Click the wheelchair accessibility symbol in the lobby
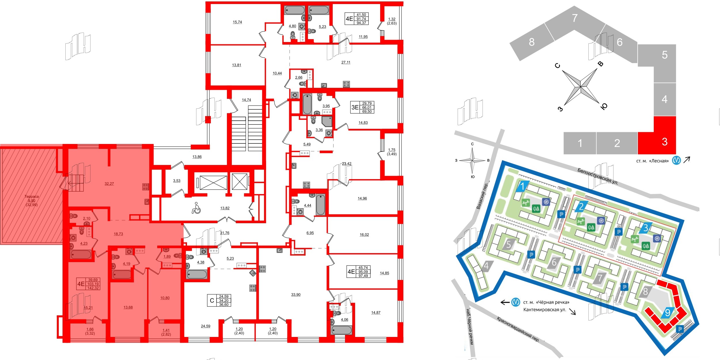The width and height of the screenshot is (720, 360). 196,208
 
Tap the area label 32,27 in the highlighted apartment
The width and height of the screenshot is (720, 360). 109,183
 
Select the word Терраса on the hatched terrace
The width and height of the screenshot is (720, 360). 32,196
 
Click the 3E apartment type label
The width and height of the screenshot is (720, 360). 355,107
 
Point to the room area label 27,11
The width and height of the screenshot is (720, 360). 346,62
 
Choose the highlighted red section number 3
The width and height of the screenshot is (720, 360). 664,142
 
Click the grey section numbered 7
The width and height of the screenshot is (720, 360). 575,18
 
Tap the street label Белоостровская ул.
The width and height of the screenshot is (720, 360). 598,176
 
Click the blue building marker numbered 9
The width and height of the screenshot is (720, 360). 667,312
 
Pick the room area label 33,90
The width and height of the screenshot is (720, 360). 296,295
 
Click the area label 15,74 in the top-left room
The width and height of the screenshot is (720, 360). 237,22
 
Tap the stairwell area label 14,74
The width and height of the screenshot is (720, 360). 246,100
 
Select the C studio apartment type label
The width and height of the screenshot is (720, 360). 212,300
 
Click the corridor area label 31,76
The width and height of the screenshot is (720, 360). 225,233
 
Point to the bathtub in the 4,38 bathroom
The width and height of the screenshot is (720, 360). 196,274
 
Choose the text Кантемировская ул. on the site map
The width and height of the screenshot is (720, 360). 544,310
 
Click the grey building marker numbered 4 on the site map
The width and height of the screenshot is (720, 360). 486,266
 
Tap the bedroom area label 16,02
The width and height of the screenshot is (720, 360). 364,235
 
